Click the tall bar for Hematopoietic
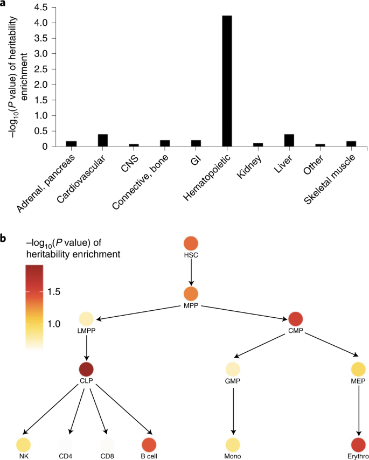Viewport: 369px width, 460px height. pos(227,81)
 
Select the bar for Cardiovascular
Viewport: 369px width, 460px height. pos(102,140)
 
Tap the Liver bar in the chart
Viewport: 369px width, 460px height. pos(289,140)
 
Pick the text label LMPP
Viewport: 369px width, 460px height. pos(86,331)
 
